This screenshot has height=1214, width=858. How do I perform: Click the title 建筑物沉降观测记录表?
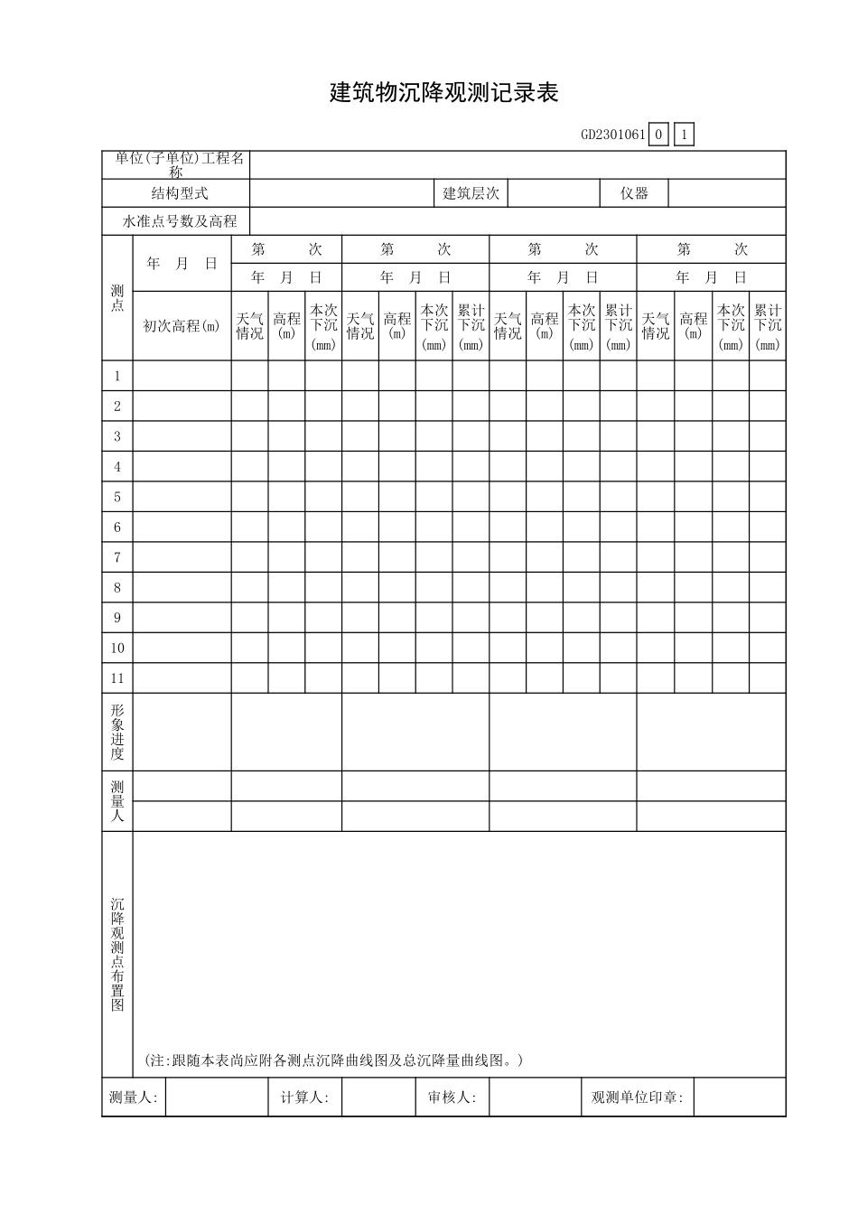pos(443,93)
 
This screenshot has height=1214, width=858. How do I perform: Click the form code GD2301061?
pos(612,135)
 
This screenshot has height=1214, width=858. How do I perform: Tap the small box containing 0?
pos(658,135)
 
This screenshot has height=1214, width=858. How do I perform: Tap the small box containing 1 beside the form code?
pos(685,135)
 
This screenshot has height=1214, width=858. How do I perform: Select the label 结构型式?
pos(179,193)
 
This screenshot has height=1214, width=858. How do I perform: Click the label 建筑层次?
pos(471,193)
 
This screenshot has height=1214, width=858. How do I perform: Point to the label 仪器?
pos(634,193)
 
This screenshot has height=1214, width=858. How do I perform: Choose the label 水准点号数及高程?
pos(179,221)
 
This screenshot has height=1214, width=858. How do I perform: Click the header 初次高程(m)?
pos(182,326)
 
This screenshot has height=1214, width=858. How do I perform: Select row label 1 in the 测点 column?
pos(117,376)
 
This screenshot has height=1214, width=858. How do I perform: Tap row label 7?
pos(117,557)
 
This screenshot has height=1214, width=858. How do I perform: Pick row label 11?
pos(117,678)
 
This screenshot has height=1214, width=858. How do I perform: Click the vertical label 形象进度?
pos(117,732)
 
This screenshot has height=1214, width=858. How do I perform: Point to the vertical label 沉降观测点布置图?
pos(117,954)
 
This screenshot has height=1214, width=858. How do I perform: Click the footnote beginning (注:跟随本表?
pos(333,1060)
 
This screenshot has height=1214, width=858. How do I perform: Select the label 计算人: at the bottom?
pos(304,1097)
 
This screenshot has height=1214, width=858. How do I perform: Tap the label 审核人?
pos(452,1097)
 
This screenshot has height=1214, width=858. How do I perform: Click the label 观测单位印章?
pos(637,1097)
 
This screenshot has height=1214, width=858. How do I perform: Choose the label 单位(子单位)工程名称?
pos(179,164)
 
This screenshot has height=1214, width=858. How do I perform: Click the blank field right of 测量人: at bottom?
pos(217,1097)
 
